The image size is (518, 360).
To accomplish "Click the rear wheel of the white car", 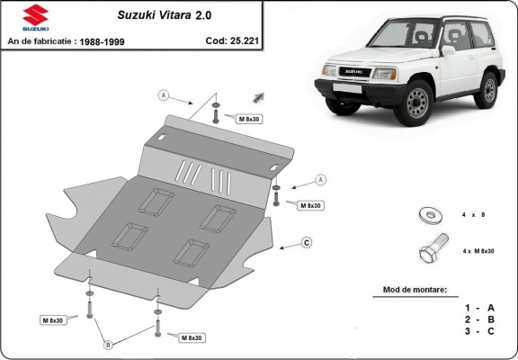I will tap(488, 89).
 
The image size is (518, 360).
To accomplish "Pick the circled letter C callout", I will tap(306, 242).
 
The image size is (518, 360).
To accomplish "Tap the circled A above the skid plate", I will tap(164, 94).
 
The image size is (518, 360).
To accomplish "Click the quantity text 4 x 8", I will tap(474, 215).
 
